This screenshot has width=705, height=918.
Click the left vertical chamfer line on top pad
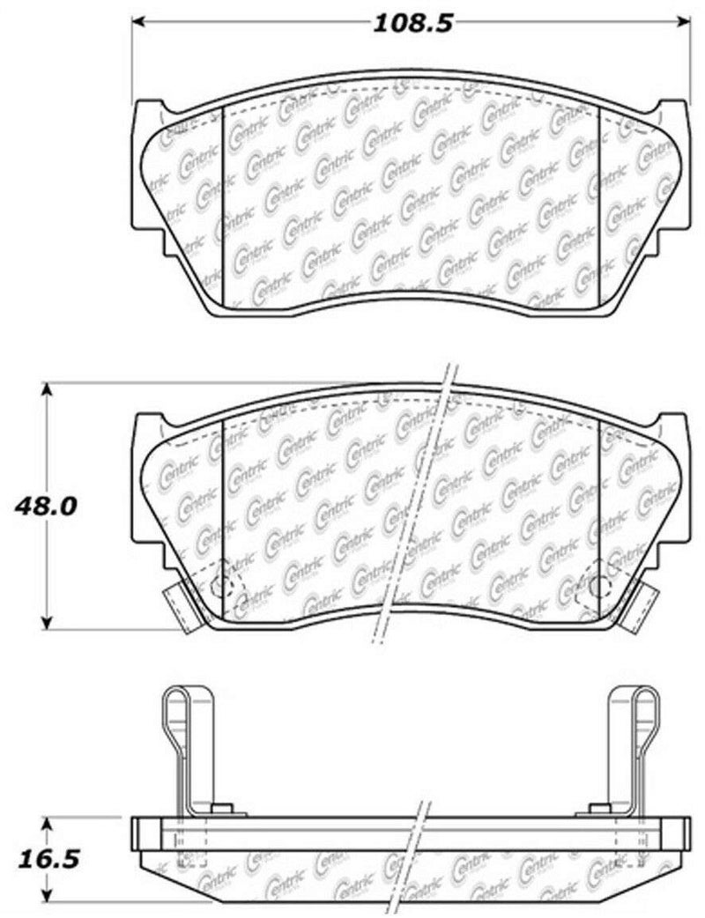pyautogui.click(x=226, y=203)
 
